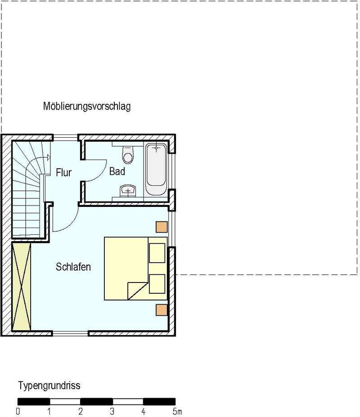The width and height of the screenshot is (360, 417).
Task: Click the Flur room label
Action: click(63, 173)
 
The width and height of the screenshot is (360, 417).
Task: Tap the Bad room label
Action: click(117, 171)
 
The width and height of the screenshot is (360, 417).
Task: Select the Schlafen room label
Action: click(73, 267)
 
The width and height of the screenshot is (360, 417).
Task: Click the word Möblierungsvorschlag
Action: click(87, 106)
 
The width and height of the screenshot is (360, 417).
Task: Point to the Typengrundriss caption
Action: click(49, 386)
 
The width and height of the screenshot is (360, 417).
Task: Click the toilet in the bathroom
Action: click(128, 154)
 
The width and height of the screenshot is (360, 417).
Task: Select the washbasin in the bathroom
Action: click(128, 191)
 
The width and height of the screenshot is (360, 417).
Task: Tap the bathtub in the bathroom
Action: click(156, 169)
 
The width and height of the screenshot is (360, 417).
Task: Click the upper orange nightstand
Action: click(162, 227)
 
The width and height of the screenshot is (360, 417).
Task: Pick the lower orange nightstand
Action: click(162, 310)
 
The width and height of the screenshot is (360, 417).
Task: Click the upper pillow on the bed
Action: click(157, 253)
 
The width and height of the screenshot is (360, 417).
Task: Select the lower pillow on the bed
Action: click(157, 284)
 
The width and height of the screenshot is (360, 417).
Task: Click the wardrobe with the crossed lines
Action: click(22, 287)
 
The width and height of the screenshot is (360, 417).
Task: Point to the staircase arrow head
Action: click(49, 157)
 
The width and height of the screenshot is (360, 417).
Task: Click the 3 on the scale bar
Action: click(112, 412)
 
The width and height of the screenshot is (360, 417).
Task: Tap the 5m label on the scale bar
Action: click(177, 412)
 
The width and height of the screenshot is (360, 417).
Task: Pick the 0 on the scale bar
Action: click(18, 412)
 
